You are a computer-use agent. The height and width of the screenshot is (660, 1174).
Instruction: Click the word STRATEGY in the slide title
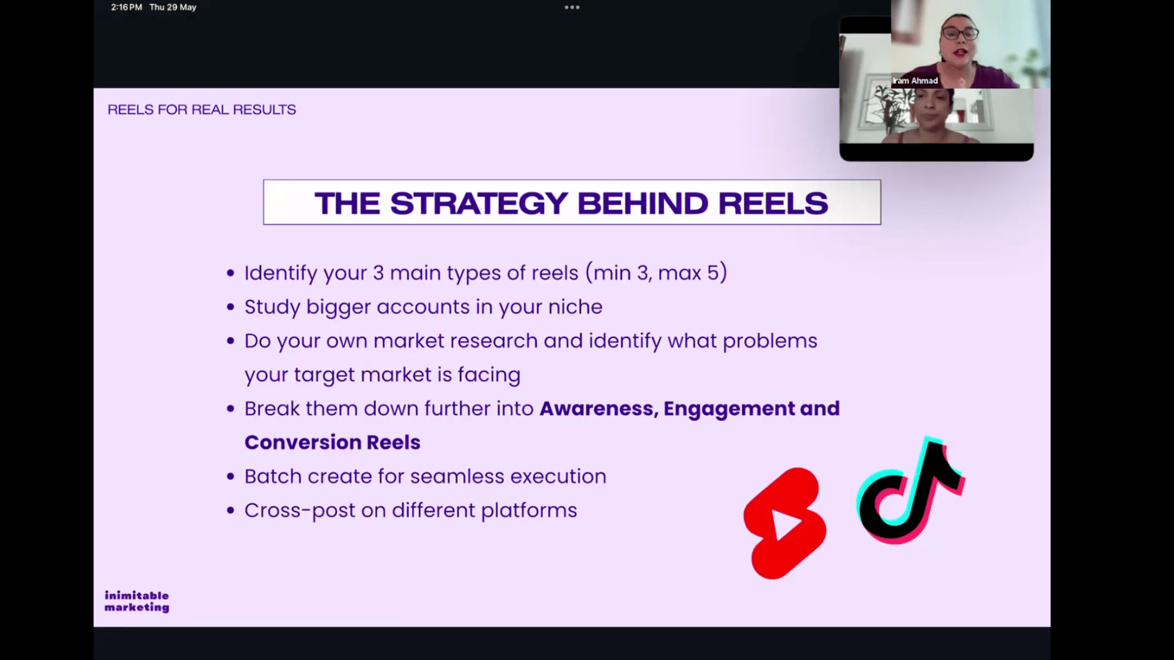pyautogui.click(x=479, y=203)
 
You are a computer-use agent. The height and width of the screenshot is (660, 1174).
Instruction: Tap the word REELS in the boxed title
pyautogui.click(x=773, y=203)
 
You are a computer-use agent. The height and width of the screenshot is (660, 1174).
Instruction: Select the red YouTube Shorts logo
pyautogui.click(x=785, y=523)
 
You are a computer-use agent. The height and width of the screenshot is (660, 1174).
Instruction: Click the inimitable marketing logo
pyautogui.click(x=136, y=601)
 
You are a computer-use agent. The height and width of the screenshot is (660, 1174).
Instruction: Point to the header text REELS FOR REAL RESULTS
pyautogui.click(x=202, y=109)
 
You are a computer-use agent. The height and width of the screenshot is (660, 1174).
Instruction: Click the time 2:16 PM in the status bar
pyautogui.click(x=126, y=7)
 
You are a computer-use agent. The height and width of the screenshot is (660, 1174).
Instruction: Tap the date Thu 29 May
pyautogui.click(x=173, y=7)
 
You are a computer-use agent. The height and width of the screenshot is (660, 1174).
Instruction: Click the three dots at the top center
pyautogui.click(x=572, y=7)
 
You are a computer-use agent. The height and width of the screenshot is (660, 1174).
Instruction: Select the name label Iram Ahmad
pyautogui.click(x=915, y=81)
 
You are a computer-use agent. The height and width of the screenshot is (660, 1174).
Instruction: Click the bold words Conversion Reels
pyautogui.click(x=333, y=442)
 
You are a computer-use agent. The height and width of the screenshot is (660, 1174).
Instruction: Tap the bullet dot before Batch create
pyautogui.click(x=231, y=477)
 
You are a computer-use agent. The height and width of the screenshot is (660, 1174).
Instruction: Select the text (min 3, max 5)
pyautogui.click(x=656, y=273)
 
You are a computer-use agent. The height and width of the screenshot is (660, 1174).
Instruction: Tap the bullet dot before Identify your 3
pyautogui.click(x=231, y=273)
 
